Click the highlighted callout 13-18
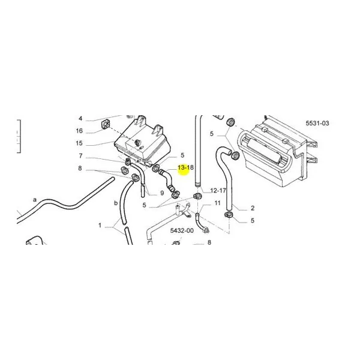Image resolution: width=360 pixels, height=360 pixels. (x=185, y=167)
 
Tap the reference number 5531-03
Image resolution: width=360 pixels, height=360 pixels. (x=317, y=123)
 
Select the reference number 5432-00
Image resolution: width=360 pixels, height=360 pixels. (x=182, y=230)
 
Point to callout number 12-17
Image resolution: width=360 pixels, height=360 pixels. (x=218, y=191)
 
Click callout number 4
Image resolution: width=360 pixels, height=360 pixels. (x=80, y=118)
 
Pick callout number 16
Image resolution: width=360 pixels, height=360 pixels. (x=79, y=131)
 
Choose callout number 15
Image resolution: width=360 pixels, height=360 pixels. (x=79, y=143)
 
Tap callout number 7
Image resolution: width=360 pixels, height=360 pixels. (x=80, y=156)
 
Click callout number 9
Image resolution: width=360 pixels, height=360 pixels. (x=162, y=193)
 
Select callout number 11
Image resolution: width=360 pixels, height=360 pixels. (x=217, y=203)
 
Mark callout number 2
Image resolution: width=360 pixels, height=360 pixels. (x=253, y=208)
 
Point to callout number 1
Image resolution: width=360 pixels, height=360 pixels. (x=100, y=226)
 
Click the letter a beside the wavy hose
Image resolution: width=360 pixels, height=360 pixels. (x=35, y=200)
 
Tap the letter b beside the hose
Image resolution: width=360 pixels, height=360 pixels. (x=116, y=203)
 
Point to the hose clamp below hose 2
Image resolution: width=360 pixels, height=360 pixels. (x=229, y=215)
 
